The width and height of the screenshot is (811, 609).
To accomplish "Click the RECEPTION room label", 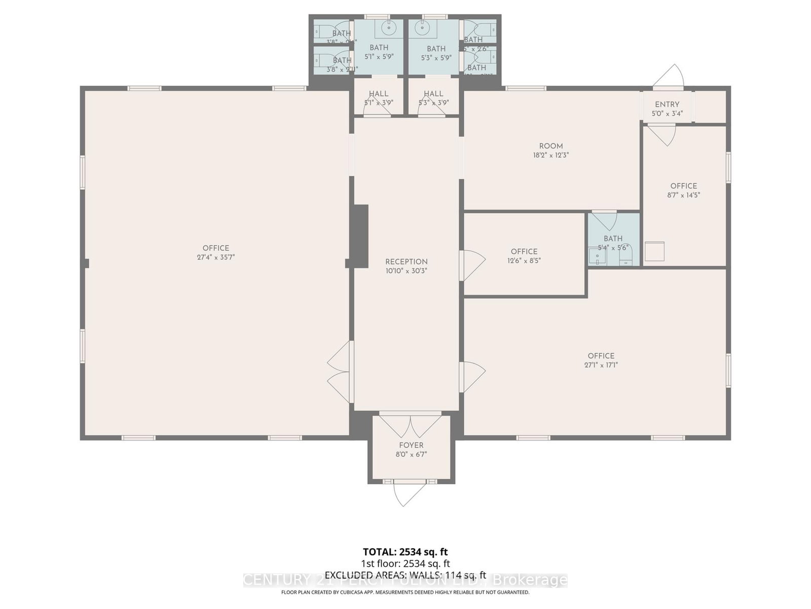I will pos(406,262).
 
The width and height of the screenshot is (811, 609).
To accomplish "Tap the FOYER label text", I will pos(411,445).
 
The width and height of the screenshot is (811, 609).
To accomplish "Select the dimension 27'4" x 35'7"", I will pos(216,257).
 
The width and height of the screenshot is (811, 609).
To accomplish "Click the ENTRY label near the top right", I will pos(667,104).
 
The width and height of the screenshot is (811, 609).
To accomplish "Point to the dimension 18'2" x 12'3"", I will pos(551,155).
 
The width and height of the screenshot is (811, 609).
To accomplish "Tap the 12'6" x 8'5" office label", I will pos(524,261).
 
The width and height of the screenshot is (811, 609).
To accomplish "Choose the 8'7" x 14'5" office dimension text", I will pos(683,195).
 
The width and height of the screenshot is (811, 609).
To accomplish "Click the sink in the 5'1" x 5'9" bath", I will pos(389,28).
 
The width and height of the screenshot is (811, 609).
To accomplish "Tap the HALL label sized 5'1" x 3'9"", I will pos(379,94).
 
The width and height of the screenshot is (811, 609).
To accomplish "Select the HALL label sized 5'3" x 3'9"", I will pos(433,94).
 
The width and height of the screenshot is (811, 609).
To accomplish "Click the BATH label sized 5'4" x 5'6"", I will pos(613,239).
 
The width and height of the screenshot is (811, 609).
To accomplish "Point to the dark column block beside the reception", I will pos(360,236).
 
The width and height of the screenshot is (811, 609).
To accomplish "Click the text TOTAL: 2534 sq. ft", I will pos(405,552).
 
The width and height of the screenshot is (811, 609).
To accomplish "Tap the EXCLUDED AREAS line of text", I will pos(405,575).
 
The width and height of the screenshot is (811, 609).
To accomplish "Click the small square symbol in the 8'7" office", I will pos(654,251).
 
